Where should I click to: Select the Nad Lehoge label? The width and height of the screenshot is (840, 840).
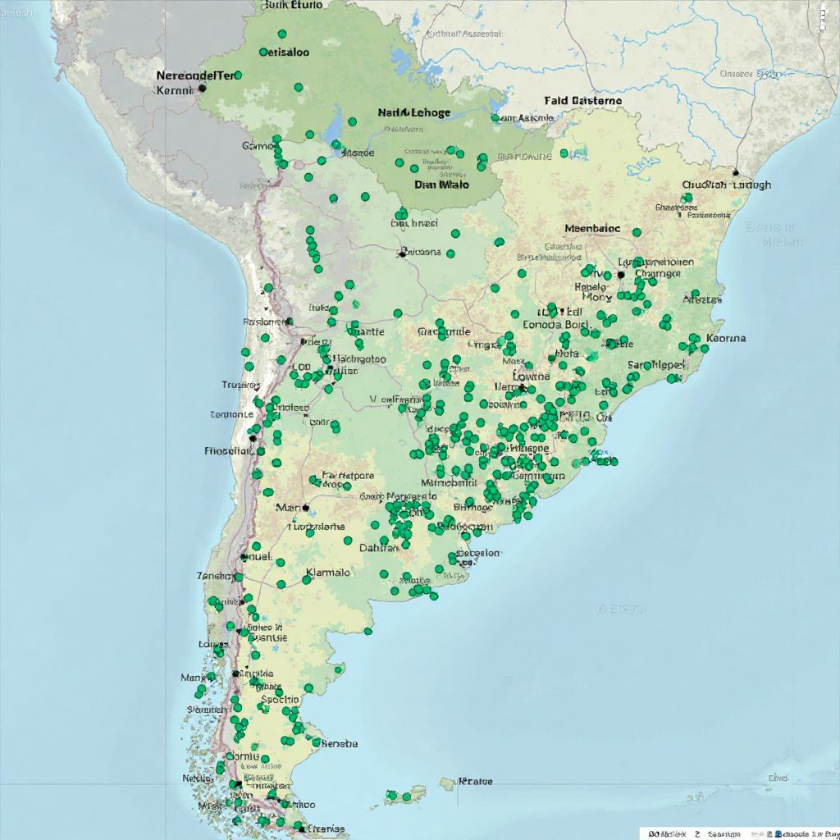(x=414, y=112)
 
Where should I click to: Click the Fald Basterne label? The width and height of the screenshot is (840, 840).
(x=582, y=101)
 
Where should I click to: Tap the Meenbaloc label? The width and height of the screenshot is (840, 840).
(x=592, y=229)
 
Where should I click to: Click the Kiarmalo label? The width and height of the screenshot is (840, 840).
(x=328, y=573)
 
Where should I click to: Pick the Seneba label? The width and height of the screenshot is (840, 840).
(x=339, y=744)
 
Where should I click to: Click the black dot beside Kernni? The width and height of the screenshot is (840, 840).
(x=202, y=88)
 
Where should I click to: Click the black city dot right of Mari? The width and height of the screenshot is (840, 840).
(x=305, y=508)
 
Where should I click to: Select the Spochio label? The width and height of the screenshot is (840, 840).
(x=280, y=700)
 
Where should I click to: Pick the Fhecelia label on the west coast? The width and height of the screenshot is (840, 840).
(x=226, y=451)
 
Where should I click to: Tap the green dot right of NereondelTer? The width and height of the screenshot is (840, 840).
(x=238, y=75)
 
